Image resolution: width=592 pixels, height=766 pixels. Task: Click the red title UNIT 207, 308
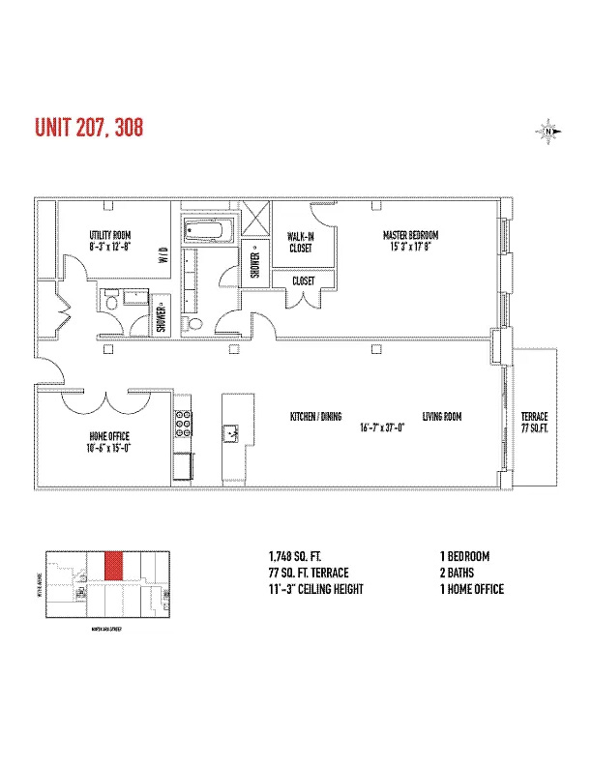click(89, 128)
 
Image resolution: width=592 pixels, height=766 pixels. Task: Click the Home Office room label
click(106, 442)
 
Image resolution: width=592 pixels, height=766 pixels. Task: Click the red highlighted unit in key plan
click(113, 566)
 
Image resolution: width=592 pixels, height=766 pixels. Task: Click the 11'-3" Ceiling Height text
click(315, 589)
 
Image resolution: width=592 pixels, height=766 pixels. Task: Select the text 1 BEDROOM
click(464, 557)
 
